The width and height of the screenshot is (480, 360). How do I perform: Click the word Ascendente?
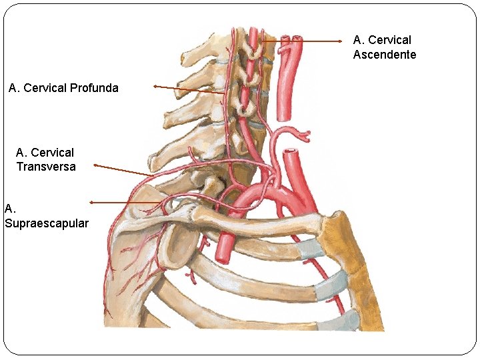pyautogui.click(x=385, y=55)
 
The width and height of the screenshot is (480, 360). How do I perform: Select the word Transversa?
pyautogui.click(x=46, y=167)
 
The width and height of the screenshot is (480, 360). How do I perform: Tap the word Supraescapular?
pyautogui.click(x=47, y=223)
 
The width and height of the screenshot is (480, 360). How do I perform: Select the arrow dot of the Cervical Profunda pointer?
pyautogui.click(x=155, y=86)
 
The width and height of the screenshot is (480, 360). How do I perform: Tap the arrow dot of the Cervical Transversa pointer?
pyautogui.click(x=95, y=165)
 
